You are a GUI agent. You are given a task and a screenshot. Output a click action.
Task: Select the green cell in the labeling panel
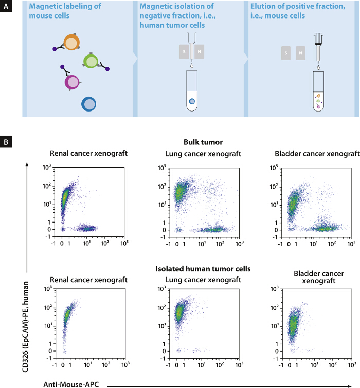(91, 62)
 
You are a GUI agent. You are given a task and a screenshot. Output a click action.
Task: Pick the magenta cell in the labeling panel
(73, 82)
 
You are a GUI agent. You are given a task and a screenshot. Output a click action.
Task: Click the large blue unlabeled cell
(88, 104)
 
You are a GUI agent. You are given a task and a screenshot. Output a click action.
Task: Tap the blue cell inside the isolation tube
(192, 101)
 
